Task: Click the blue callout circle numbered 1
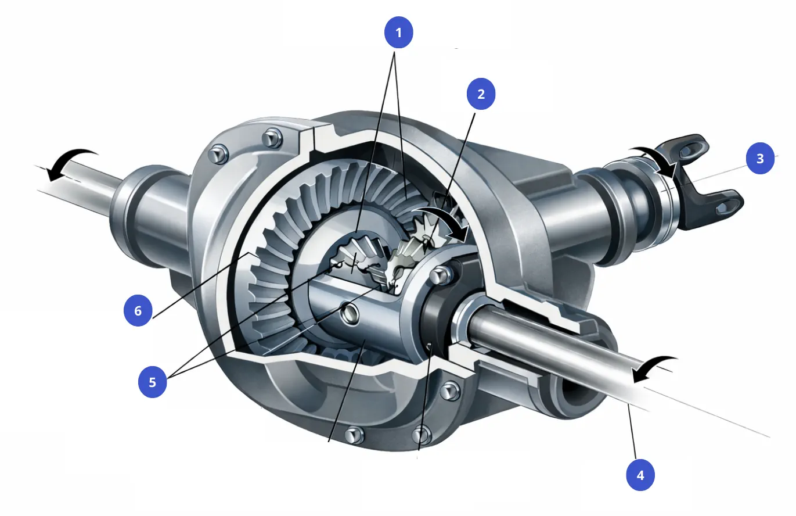pyautogui.click(x=398, y=33)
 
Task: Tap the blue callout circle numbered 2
pyautogui.click(x=481, y=94)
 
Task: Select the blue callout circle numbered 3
pyautogui.click(x=760, y=159)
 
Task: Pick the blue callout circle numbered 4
pyautogui.click(x=640, y=475)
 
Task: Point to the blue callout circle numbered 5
pyautogui.click(x=153, y=382)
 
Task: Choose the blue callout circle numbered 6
pyautogui.click(x=138, y=311)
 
